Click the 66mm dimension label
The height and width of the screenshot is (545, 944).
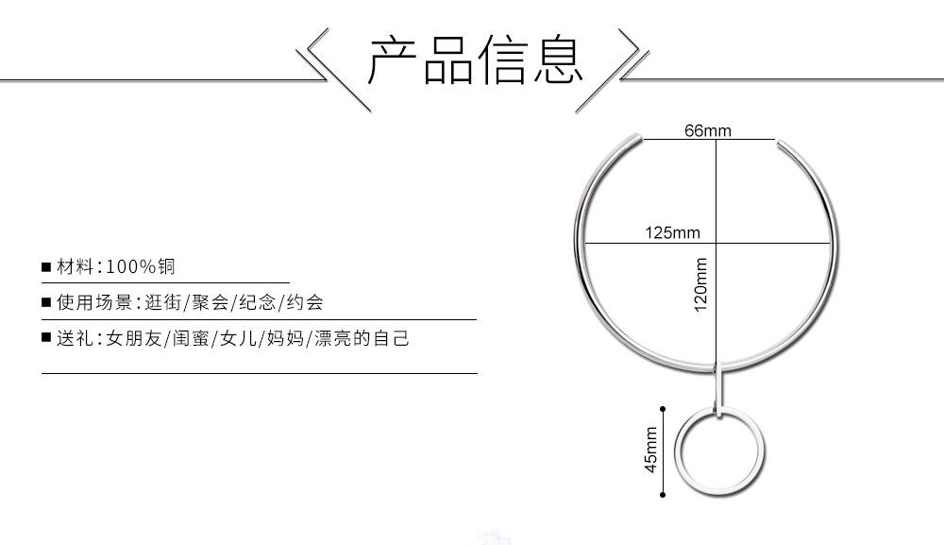pos(707,130)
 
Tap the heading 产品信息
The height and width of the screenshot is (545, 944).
pos(476,60)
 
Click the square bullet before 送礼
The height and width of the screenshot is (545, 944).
pos(45,338)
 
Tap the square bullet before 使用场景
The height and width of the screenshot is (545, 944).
pos(45,303)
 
